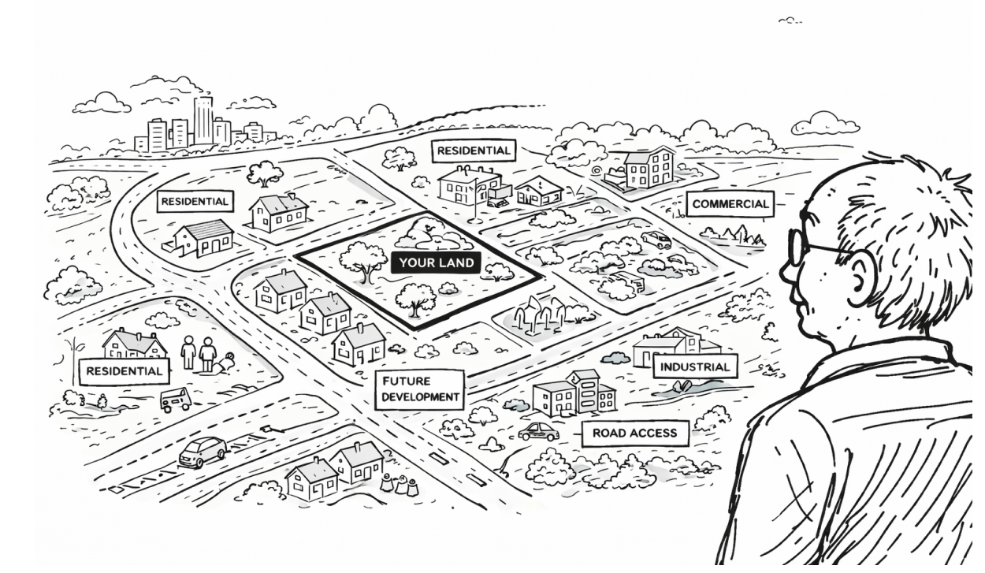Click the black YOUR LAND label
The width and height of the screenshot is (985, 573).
pyautogui.click(x=436, y=263)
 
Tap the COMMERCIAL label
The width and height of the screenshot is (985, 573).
pyautogui.click(x=729, y=204)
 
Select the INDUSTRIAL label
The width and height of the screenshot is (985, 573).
pyautogui.click(x=694, y=366)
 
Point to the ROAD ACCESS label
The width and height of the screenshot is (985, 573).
pyautogui.click(x=634, y=433)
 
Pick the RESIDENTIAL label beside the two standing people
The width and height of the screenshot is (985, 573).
pyautogui.click(x=124, y=370)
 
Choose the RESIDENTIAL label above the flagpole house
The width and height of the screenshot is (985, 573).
pyautogui.click(x=474, y=150)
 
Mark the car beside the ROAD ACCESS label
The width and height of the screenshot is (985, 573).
pyautogui.click(x=538, y=432)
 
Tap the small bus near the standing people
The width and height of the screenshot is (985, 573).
pyautogui.click(x=175, y=399)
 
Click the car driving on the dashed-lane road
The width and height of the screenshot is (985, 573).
pyautogui.click(x=202, y=452)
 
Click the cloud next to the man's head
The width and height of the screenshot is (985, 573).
pyautogui.click(x=824, y=124)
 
